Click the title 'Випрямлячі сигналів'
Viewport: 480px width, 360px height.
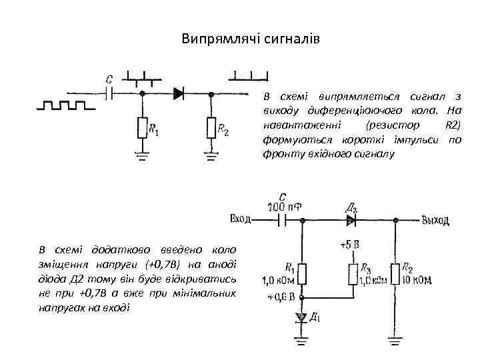(251, 39)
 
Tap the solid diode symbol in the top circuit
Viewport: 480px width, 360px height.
(178, 94)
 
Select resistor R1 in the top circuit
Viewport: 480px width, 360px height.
(142, 127)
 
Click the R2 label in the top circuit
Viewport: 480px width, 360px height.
(223, 132)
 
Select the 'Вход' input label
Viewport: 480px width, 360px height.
(240, 218)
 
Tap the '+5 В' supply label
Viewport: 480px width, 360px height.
(350, 245)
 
